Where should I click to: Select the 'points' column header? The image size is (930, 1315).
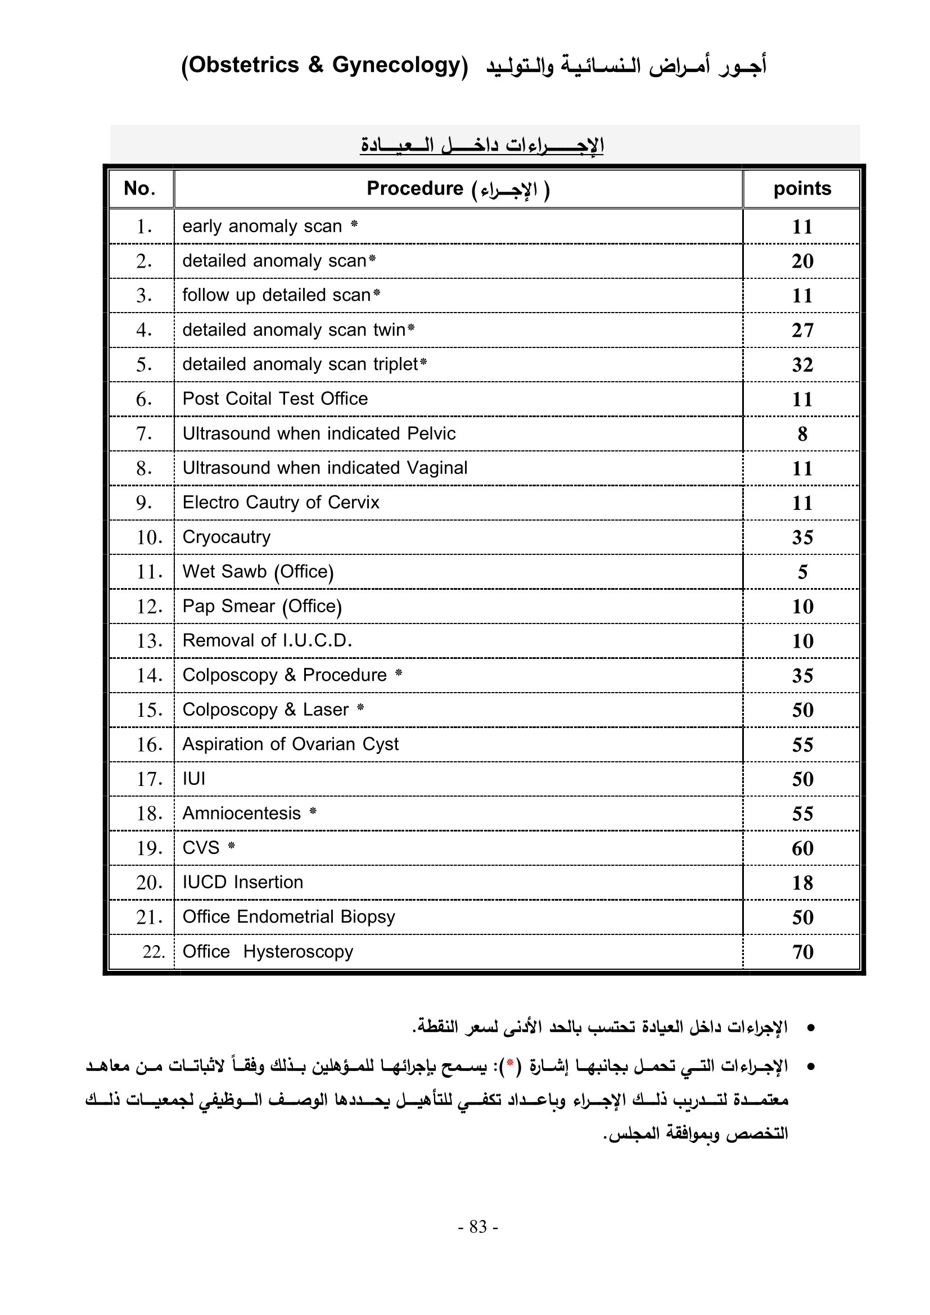tap(802, 188)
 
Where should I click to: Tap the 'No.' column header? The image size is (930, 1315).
tap(140, 188)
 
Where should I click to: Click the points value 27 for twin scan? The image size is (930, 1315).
tap(802, 330)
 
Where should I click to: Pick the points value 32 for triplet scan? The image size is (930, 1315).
tap(802, 365)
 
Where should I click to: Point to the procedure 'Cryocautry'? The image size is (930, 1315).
tap(226, 537)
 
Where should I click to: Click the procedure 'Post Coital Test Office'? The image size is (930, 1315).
tap(275, 399)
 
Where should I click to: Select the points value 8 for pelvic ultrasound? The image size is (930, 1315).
tap(802, 434)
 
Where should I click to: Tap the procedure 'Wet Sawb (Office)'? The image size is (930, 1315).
tap(258, 572)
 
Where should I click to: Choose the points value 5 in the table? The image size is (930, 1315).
tap(802, 572)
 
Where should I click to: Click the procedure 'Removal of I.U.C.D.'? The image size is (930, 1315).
tap(267, 640)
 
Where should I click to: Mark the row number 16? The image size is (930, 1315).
tap(149, 744)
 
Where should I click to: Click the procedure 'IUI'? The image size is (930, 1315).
tap(193, 779)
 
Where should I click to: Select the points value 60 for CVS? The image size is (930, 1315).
tap(802, 848)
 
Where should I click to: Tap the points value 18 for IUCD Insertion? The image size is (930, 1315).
tap(802, 883)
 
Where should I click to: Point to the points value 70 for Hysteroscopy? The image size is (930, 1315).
tap(802, 952)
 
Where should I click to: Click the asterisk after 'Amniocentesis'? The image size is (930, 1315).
tap(313, 812)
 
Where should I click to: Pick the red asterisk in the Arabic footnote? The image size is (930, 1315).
tap(509, 1066)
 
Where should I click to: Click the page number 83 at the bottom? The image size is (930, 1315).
tap(477, 1226)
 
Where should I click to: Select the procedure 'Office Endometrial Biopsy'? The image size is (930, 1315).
tap(288, 917)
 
